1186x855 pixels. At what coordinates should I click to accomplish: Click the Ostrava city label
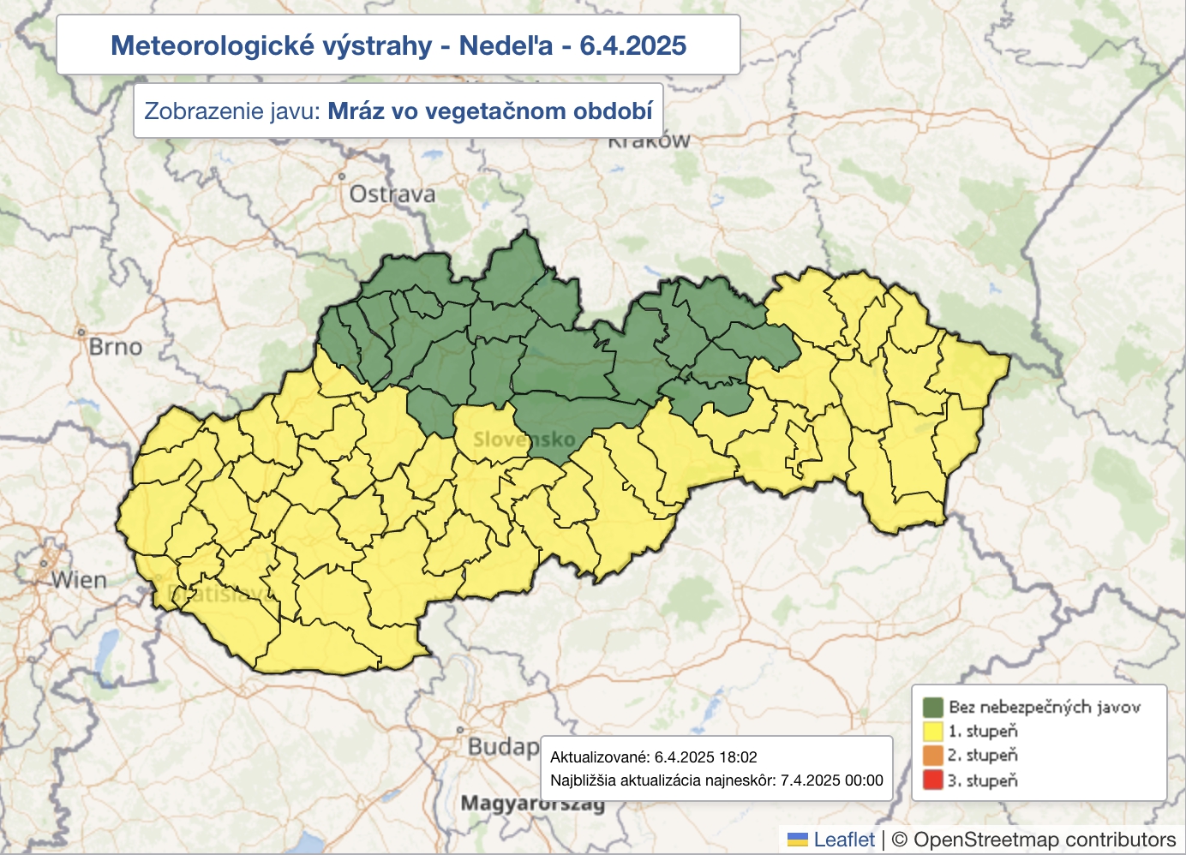pyautogui.click(x=392, y=194)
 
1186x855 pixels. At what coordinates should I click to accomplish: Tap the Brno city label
pyautogui.click(x=116, y=347)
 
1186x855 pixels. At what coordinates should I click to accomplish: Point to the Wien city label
pyautogui.click(x=79, y=580)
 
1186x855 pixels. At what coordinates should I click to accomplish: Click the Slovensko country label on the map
pyautogui.click(x=524, y=439)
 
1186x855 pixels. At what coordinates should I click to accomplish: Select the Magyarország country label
pyautogui.click(x=532, y=804)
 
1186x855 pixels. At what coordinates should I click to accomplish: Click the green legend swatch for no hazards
pyautogui.click(x=932, y=707)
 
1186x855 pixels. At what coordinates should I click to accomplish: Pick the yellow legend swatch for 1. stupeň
pyautogui.click(x=932, y=731)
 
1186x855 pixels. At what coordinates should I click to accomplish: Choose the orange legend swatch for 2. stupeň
pyautogui.click(x=932, y=756)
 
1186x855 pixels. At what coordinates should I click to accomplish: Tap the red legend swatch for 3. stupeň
pyautogui.click(x=932, y=780)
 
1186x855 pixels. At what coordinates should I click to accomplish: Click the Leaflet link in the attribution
pyautogui.click(x=844, y=840)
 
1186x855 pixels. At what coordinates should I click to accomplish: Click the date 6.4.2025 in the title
pyautogui.click(x=632, y=45)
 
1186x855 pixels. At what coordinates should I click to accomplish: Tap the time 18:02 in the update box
pyautogui.click(x=738, y=757)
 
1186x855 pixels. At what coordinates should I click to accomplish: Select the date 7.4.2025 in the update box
pyautogui.click(x=812, y=780)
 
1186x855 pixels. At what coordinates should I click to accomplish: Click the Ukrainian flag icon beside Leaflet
pyautogui.click(x=798, y=840)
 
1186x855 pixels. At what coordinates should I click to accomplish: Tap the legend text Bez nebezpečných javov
pyautogui.click(x=1044, y=707)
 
